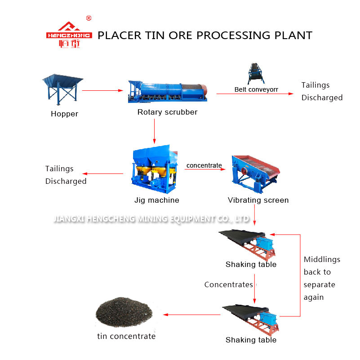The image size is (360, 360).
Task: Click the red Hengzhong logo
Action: coord(69,35)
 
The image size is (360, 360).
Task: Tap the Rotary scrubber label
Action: coord(167,112)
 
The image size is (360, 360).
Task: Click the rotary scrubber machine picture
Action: coord(167,89)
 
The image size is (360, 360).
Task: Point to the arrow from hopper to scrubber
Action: coord(102,90)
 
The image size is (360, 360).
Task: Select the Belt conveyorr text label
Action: coord(256,89)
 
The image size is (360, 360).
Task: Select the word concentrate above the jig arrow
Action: coord(204,165)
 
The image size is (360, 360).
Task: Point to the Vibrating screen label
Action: coord(258,200)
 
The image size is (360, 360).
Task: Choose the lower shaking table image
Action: coord(252,319)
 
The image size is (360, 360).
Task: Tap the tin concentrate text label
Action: coord(126,336)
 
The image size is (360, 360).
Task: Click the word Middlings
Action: coord(322,259)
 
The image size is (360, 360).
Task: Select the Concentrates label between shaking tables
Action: coord(228,284)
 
